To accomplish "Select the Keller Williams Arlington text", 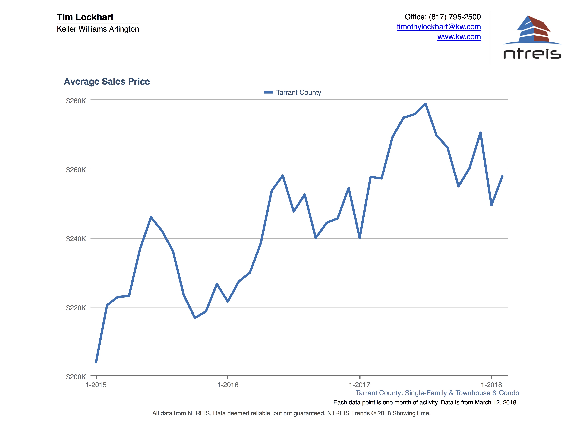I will [x=98, y=29].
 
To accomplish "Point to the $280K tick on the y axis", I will [x=76, y=101].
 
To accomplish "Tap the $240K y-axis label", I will [x=76, y=239].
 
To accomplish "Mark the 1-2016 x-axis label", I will [x=228, y=385].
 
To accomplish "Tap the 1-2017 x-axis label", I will [x=360, y=385].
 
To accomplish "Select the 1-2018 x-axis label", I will [x=491, y=385].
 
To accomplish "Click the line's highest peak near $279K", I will [x=425, y=104].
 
